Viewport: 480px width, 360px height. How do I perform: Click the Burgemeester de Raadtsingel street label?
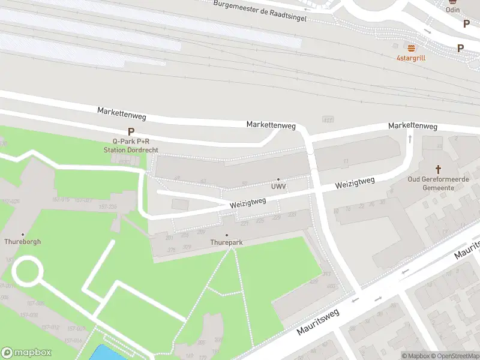(260, 10)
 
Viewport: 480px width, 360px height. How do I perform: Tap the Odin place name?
(452, 10)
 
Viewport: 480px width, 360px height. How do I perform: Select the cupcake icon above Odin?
(452, 2)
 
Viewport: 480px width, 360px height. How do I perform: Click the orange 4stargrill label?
(411, 58)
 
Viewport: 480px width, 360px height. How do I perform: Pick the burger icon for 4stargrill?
(411, 48)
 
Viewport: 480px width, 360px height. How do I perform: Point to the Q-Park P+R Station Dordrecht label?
(130, 146)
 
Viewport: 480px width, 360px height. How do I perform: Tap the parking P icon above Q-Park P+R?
(130, 132)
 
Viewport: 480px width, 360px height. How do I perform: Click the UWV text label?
(278, 187)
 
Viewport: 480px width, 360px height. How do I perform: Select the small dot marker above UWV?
(278, 179)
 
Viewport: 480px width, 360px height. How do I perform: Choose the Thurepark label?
(226, 242)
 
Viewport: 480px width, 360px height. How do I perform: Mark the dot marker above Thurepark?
(226, 235)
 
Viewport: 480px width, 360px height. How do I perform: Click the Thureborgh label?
(23, 242)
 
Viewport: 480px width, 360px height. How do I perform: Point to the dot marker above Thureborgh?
(23, 235)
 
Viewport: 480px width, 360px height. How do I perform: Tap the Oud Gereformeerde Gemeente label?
(438, 184)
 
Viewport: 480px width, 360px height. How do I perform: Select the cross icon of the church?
(438, 170)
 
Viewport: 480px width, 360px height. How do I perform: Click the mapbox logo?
(26, 353)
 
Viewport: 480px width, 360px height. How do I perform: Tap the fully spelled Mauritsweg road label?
(317, 322)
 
